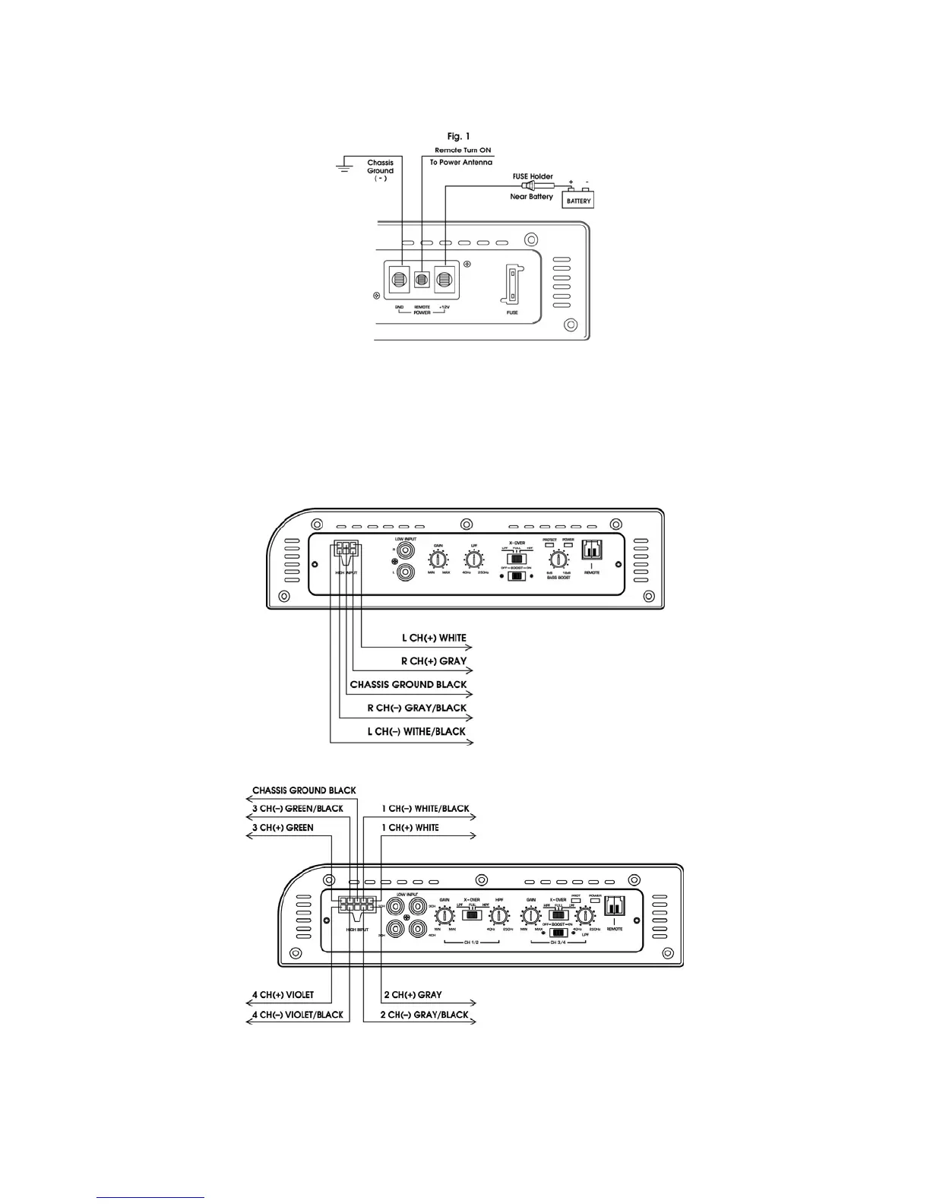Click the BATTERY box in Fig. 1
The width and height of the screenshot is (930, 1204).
tap(578, 201)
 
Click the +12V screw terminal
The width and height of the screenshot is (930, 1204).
tap(444, 279)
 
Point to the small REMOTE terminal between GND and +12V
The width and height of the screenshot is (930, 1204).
tap(422, 280)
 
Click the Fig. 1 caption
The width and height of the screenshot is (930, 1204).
tap(458, 137)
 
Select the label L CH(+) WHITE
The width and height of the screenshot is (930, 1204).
tap(434, 638)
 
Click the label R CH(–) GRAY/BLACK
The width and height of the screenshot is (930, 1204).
tap(416, 708)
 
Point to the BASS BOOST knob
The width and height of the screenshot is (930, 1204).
tap(558, 559)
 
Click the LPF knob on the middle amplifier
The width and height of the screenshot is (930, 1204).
tap(473, 559)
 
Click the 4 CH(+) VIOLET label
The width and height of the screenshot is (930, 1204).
tap(283, 994)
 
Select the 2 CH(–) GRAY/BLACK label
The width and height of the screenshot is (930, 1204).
tap(425, 1015)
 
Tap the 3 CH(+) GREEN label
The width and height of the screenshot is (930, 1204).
tap(283, 828)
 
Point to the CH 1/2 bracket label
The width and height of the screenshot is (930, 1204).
tap(472, 943)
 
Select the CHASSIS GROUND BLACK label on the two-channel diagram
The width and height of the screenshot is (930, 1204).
tap(408, 684)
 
